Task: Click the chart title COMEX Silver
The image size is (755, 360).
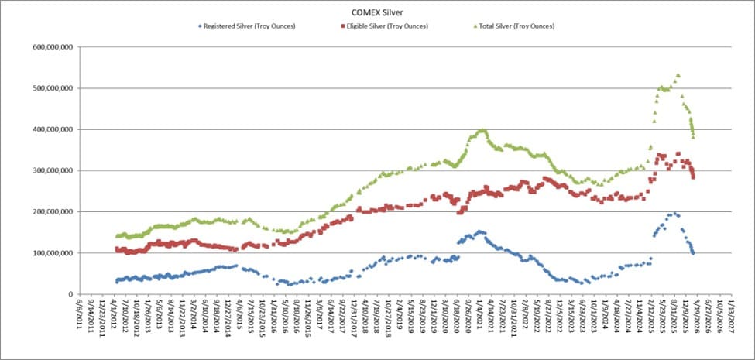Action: pyautogui.click(x=376, y=13)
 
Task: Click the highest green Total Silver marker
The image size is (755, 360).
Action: pyautogui.click(x=678, y=75)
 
